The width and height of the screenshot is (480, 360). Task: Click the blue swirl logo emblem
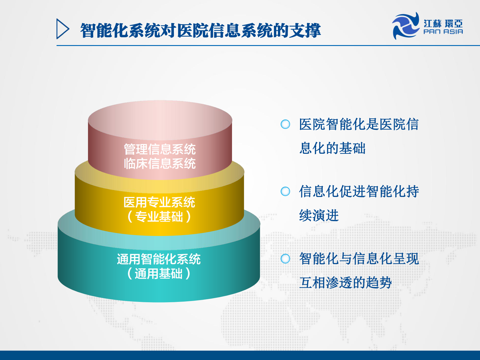coord(406,26)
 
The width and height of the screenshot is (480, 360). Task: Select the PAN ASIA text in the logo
coord(443,32)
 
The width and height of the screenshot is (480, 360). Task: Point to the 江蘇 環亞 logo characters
coord(443,23)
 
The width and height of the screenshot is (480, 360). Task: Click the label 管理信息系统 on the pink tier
coord(160,149)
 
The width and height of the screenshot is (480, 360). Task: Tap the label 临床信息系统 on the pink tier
coord(160,164)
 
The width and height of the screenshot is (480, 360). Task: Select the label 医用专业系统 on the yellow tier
coord(159,202)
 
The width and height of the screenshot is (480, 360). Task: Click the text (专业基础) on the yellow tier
coord(159,217)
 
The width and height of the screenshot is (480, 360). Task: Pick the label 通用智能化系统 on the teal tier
coord(159,259)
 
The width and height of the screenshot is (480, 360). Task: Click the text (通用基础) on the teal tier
coord(159,273)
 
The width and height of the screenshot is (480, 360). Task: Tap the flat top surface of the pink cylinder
coord(160,119)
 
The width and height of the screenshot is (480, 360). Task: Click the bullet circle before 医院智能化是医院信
coord(285,124)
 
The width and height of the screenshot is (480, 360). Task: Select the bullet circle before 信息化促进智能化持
coord(285,191)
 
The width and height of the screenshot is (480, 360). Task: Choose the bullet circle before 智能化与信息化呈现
coord(285,259)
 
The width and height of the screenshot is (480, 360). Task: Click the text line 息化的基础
coord(332,148)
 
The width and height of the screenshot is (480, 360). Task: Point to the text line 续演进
coord(319,215)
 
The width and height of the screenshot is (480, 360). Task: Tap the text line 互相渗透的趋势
coord(345,283)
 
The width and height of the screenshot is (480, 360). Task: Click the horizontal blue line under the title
coord(266,46)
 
